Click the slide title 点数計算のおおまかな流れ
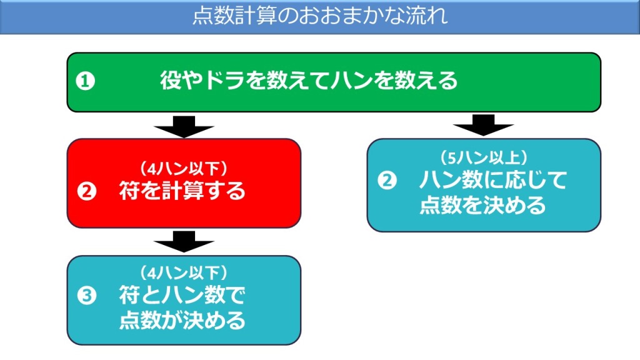coord(320,15)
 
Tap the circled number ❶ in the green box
coord(86,81)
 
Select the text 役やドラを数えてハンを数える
coord(309,81)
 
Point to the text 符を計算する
coord(182,191)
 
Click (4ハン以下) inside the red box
coord(183,168)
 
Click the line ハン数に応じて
coord(493,181)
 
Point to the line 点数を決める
coord(482,205)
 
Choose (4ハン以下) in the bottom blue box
coord(183,272)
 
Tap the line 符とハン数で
coord(182,295)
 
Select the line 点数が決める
coord(182,320)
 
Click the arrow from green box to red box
coord(184,126)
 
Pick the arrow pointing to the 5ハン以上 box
coord(483,125)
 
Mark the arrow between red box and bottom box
coord(184,241)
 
